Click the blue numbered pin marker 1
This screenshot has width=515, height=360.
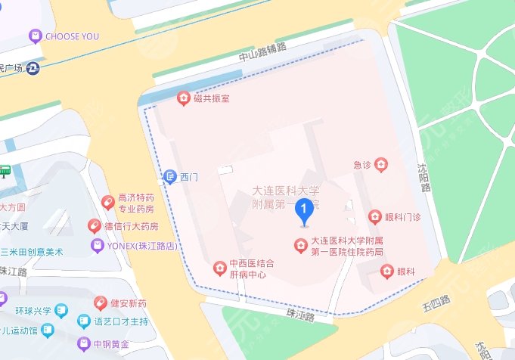[x=304, y=209]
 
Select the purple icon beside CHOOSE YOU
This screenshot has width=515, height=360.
[x=34, y=36]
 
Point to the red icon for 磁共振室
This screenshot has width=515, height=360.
[x=182, y=98]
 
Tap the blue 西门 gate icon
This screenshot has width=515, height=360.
[x=171, y=177]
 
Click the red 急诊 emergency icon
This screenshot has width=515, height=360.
[x=382, y=163]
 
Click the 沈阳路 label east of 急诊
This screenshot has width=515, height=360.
[x=424, y=177]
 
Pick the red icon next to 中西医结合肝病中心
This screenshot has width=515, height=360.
[x=219, y=268]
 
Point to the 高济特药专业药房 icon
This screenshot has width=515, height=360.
[x=107, y=202]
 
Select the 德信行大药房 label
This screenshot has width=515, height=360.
[x=131, y=226]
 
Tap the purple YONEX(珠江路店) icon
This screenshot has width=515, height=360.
[x=96, y=246]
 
